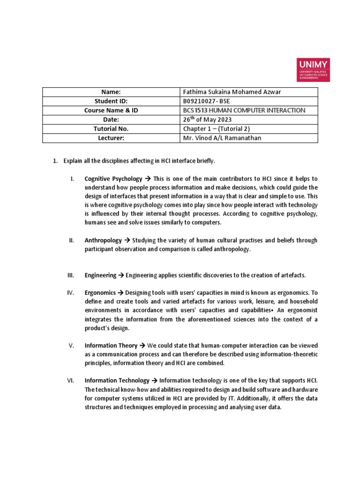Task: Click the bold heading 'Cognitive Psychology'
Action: point(113,179)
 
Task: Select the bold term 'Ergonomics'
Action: point(100,292)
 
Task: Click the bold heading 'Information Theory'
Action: point(111,345)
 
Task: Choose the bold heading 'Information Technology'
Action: point(117,380)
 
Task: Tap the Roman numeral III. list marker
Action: point(71,275)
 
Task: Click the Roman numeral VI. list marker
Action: point(71,380)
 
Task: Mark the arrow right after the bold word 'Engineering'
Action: point(121,275)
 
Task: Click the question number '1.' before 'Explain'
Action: point(54,161)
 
